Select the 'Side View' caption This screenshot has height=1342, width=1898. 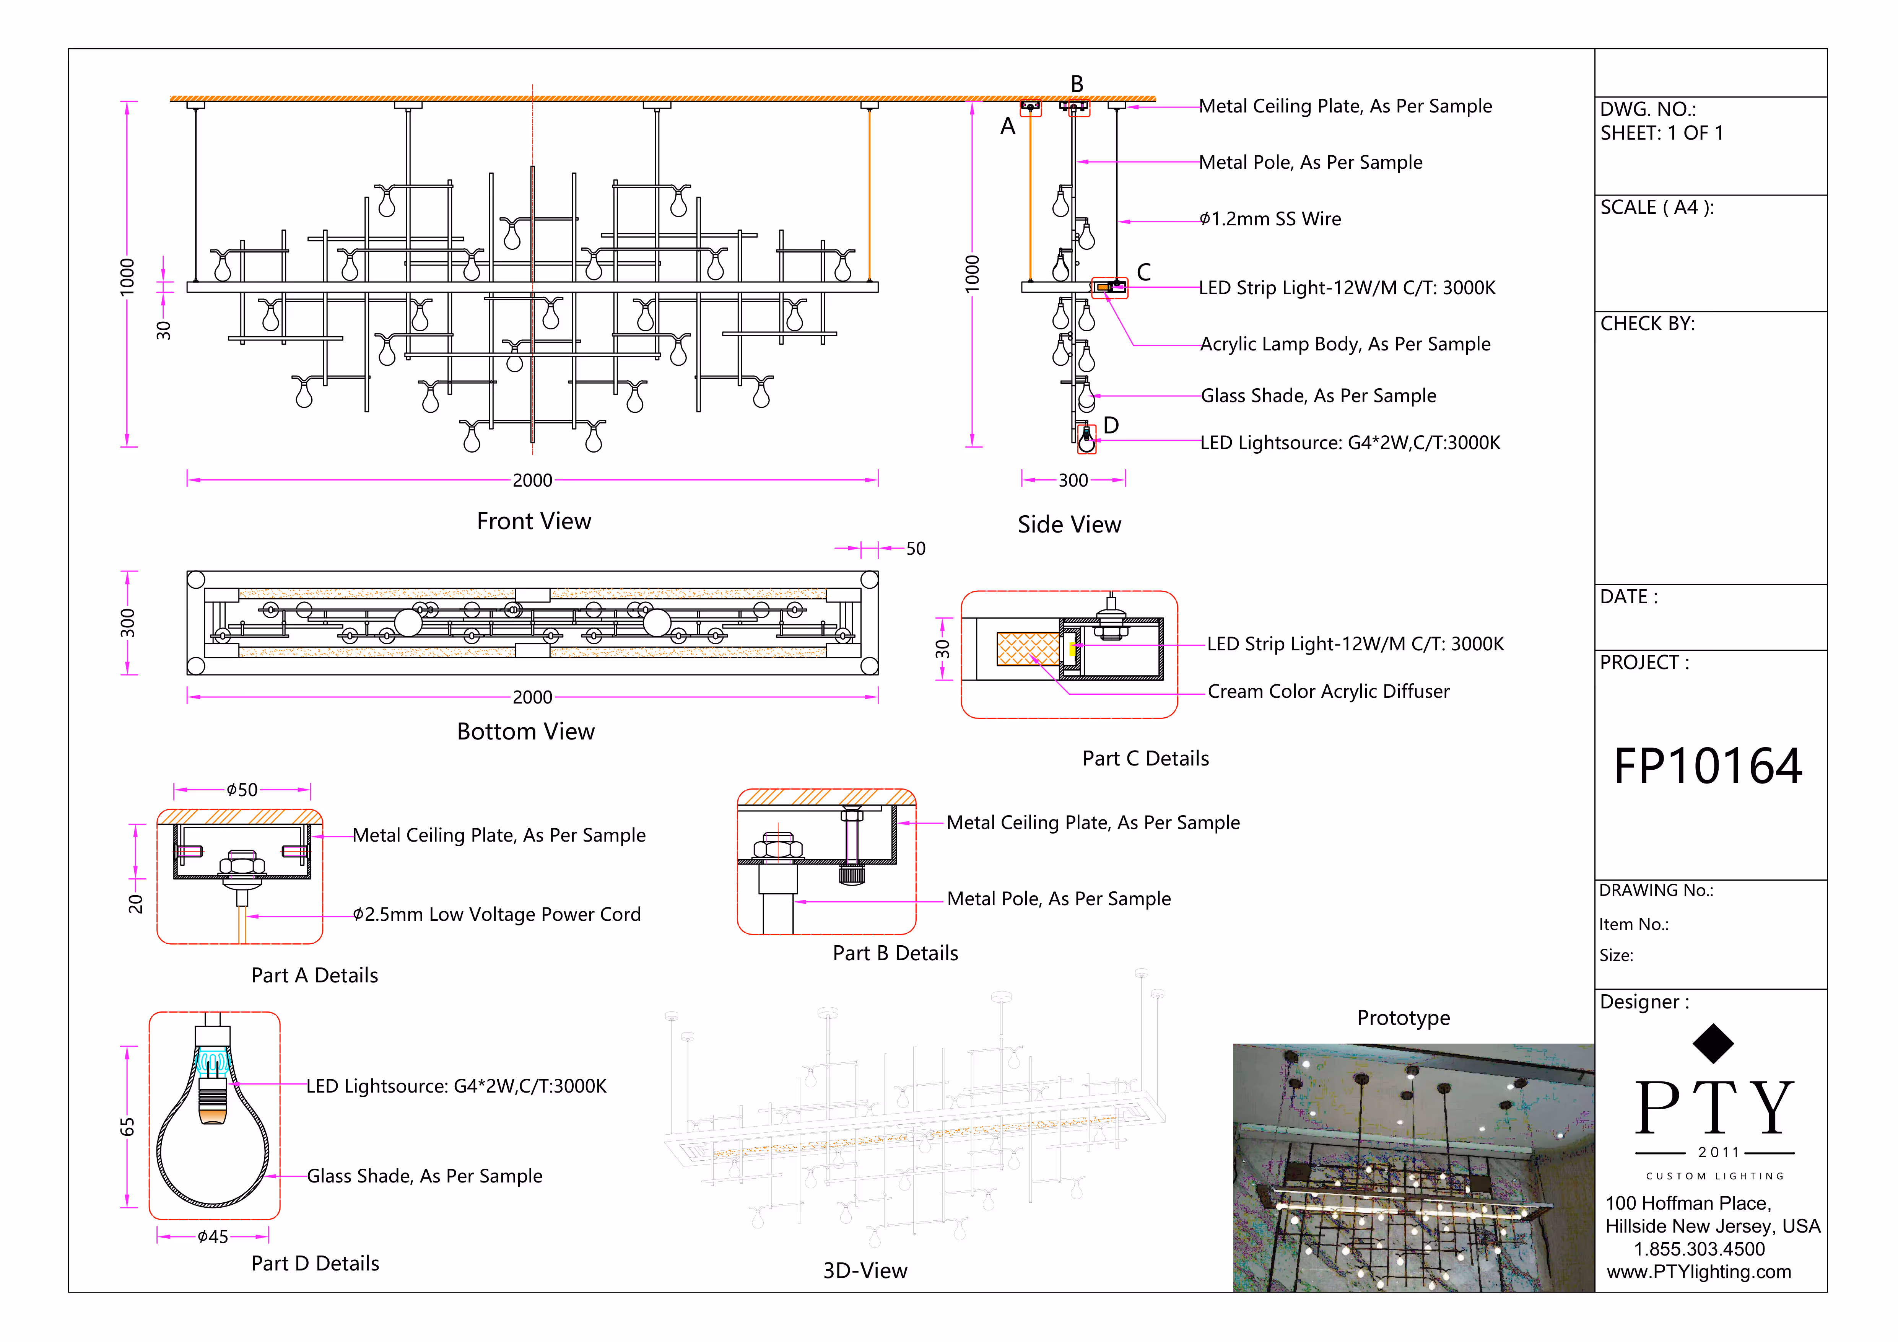(x=1069, y=524)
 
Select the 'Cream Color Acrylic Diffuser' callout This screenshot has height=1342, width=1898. (x=1328, y=691)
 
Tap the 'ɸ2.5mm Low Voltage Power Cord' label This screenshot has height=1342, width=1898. (x=496, y=915)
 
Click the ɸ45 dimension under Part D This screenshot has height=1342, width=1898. (x=213, y=1237)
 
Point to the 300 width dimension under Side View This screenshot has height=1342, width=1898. (x=1073, y=480)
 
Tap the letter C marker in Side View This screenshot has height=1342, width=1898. (x=1143, y=272)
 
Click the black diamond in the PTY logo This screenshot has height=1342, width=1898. (x=1713, y=1044)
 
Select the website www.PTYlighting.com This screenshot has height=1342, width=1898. (x=1699, y=1272)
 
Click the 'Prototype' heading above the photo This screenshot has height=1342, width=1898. (x=1403, y=1018)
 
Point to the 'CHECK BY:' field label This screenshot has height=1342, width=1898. (x=1647, y=323)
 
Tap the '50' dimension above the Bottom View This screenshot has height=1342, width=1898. (x=915, y=548)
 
